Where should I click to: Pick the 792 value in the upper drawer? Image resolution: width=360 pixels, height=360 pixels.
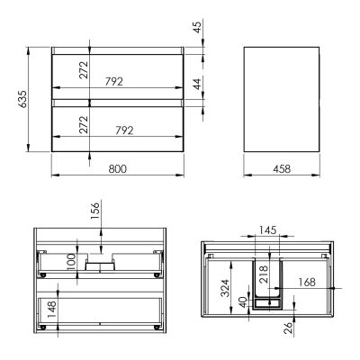(x=113, y=81)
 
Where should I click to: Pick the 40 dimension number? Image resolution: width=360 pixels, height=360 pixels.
(x=245, y=301)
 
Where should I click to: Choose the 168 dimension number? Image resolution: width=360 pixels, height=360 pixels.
(x=306, y=282)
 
